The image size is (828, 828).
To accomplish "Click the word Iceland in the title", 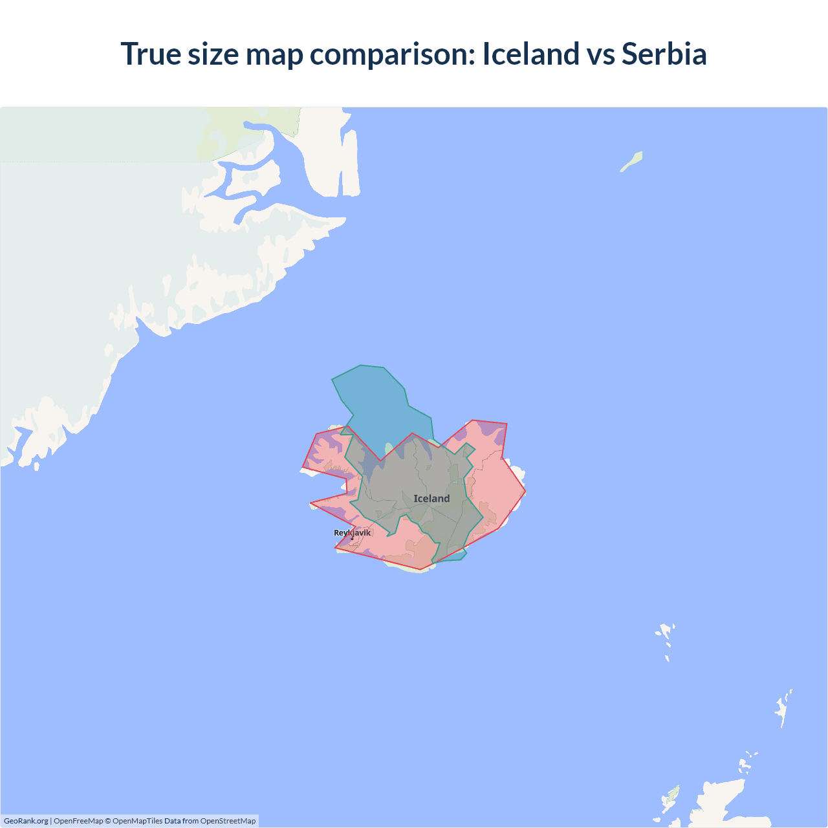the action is coord(530,54).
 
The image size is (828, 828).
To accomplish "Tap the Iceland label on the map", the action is coord(431,499).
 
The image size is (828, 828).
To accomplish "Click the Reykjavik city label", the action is coord(352,533).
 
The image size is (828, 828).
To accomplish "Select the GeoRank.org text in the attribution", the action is coord(26,821).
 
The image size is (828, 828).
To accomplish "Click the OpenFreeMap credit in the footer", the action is coord(78,821).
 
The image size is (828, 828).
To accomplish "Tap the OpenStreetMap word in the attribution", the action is coord(228,821).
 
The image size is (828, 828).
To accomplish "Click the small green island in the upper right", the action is coord(632,161).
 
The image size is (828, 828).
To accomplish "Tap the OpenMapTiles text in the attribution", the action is coord(137,821).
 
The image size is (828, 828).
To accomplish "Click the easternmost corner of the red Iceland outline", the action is coord(525,492).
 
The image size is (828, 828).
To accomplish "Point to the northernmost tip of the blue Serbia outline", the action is coord(361,365).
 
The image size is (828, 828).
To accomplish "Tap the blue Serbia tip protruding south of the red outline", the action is coord(459,556).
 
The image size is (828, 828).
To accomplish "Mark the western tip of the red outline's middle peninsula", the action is coord(311,503).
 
